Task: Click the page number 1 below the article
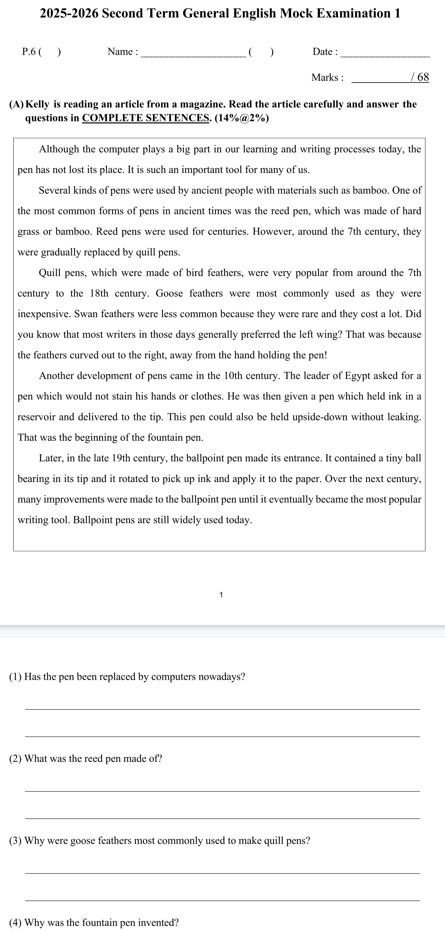(221, 594)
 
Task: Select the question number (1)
(16, 677)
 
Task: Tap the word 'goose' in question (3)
(83, 841)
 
